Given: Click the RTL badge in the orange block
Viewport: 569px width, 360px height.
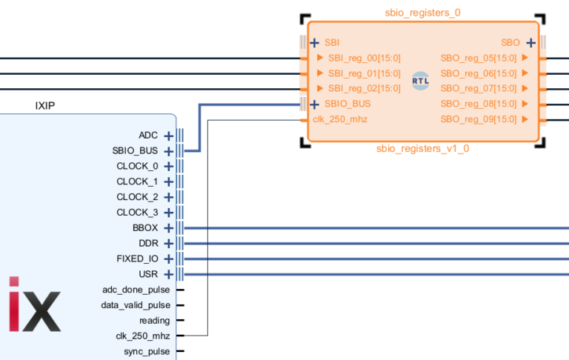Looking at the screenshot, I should [420, 82].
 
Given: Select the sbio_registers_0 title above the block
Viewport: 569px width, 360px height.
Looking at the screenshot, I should [422, 13].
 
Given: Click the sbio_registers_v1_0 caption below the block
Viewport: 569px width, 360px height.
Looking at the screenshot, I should [422, 148].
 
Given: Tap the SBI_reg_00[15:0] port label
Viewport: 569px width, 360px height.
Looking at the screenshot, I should [364, 58].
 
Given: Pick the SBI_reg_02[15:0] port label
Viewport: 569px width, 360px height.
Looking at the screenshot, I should [364, 88].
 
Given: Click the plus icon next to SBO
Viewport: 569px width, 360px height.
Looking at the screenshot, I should [530, 43].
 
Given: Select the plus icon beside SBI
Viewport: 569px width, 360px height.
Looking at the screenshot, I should [315, 43].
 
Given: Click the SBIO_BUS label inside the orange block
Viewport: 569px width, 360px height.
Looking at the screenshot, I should [347, 104].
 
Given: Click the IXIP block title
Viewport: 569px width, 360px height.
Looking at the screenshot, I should [45, 105].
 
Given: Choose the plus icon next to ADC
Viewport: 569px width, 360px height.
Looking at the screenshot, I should [168, 136].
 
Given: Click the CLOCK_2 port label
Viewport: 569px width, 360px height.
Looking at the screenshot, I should [137, 197].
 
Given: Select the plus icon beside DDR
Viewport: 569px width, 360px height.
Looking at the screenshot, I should [168, 243].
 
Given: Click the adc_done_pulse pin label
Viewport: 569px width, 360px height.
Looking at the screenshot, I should [136, 290].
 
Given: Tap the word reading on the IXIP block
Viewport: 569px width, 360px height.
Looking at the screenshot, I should [154, 320].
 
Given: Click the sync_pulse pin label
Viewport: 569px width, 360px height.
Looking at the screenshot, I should [147, 351].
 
